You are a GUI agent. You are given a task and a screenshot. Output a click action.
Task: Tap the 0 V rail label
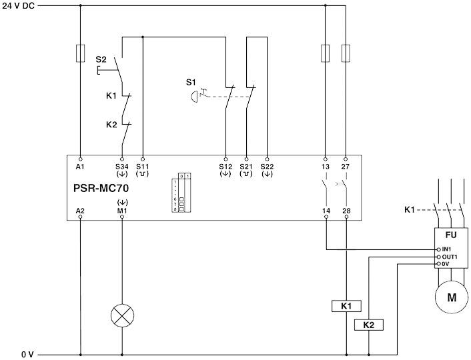27,354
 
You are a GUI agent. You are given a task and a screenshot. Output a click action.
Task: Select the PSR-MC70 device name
101,188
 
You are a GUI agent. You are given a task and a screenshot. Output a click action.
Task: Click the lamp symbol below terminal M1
121,317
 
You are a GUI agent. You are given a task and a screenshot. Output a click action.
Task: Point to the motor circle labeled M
452,297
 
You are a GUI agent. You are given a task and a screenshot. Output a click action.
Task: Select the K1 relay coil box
346,306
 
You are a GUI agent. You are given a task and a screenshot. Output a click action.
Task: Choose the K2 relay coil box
368,325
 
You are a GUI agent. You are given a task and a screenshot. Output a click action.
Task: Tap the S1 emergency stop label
191,82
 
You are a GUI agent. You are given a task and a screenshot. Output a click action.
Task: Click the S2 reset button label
101,59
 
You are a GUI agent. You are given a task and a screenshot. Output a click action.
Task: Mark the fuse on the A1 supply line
80,53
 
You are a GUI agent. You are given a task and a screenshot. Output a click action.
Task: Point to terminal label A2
80,211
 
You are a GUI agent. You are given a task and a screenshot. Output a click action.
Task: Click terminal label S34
121,165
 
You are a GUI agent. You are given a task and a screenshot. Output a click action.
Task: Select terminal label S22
267,165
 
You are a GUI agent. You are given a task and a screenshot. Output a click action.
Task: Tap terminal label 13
325,165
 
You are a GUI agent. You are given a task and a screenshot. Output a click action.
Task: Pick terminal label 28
346,211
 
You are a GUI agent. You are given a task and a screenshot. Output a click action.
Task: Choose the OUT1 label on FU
448,257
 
